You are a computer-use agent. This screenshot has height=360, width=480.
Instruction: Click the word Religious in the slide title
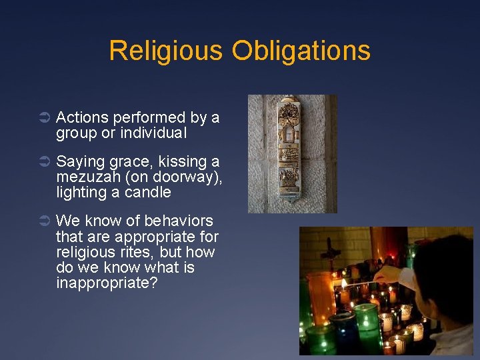(166, 51)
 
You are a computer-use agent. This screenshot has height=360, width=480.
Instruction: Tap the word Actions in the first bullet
(83, 118)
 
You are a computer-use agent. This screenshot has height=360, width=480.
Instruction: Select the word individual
(154, 133)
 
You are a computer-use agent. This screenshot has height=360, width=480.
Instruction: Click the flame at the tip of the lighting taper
(345, 284)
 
